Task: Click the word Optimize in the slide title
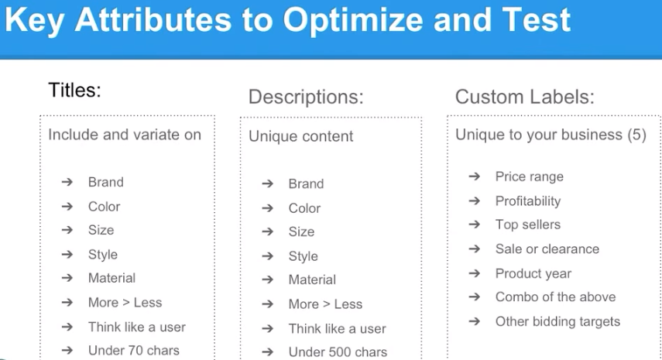point(353,21)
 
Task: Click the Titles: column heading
point(75,90)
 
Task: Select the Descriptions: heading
point(306,97)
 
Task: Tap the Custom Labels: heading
point(525,97)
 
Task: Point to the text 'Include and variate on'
point(125,135)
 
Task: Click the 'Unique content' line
point(300,136)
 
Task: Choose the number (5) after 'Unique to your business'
point(636,135)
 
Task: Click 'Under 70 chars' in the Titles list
point(134,350)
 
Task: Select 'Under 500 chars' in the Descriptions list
point(338,352)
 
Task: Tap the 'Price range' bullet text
point(530,177)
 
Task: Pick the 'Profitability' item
point(528,201)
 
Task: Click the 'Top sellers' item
point(528,225)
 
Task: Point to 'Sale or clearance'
point(547,249)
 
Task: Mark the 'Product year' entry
point(533,273)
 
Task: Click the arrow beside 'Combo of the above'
point(475,297)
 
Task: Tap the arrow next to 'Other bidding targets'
point(475,321)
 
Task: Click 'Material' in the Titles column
point(111,278)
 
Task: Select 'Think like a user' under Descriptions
point(338,329)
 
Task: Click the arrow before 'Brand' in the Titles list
point(67,182)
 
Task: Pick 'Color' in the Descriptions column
point(304,208)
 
